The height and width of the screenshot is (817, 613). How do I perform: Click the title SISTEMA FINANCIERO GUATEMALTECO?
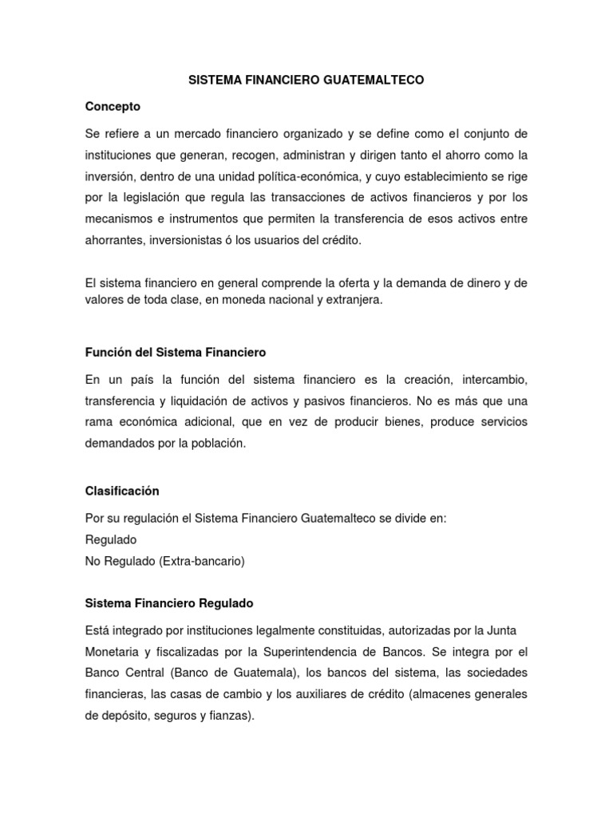tap(306, 81)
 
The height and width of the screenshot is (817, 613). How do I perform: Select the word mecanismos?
tap(118, 219)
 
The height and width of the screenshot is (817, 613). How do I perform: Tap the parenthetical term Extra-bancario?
tap(201, 561)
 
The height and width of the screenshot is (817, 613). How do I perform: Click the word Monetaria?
tap(112, 651)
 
